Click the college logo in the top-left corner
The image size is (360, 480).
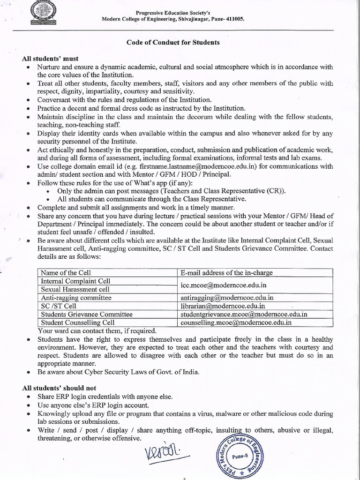coord(46,13)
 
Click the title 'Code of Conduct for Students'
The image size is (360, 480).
coord(173,42)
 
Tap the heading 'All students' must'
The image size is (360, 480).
coord(48,60)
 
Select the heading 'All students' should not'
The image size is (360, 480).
coord(59,388)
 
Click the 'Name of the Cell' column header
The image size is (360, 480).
coord(66,272)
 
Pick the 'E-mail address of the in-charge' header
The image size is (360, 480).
coord(226,272)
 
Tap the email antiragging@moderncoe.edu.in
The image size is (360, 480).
coord(227,297)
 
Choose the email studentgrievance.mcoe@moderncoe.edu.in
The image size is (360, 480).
coord(244,314)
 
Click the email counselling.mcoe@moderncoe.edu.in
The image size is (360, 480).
coord(236,322)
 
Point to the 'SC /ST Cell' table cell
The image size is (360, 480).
coord(59,306)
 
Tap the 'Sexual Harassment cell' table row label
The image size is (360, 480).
coord(75,289)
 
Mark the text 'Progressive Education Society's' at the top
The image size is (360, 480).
coord(173,12)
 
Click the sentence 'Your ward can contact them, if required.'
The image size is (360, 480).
coord(97,330)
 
